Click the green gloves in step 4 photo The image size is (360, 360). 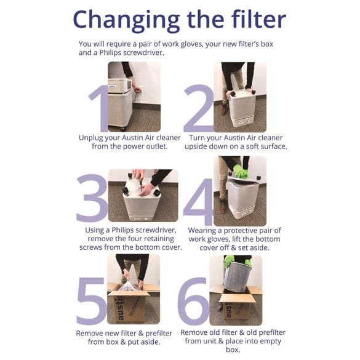pos(239,172)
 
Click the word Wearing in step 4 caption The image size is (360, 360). pos(204,230)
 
